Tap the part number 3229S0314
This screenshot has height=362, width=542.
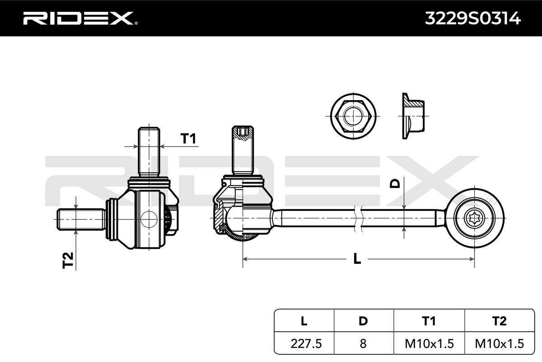click(472, 19)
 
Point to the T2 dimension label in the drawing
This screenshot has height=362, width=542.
click(68, 260)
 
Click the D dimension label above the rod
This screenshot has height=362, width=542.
click(395, 184)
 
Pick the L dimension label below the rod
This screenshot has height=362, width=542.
click(357, 259)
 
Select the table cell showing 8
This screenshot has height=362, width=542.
click(363, 343)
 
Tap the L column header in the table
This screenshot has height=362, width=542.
click(304, 321)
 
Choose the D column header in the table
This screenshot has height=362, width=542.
click(363, 321)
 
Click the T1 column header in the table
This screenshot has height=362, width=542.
click(429, 321)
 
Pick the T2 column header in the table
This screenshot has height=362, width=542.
click(499, 321)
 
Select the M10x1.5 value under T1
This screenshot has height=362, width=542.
click(429, 343)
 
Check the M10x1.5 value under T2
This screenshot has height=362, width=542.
click(499, 343)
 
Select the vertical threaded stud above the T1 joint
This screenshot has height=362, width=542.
click(149, 152)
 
